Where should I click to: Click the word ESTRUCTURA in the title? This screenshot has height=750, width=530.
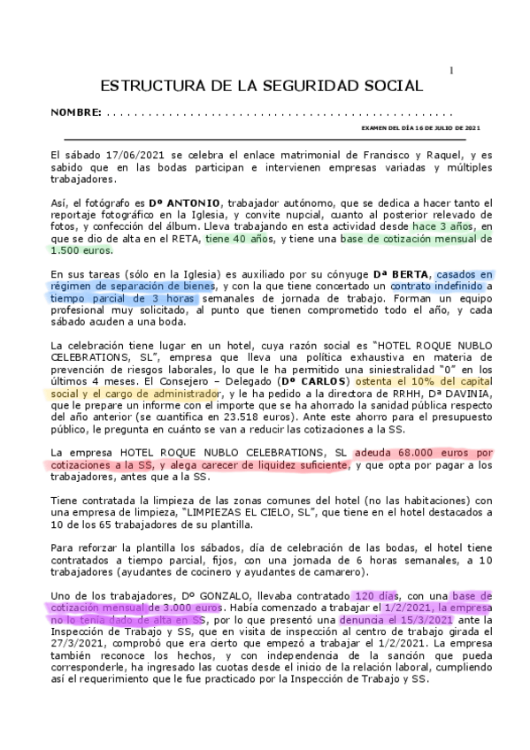(149, 86)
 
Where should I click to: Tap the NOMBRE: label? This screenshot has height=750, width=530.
(75, 114)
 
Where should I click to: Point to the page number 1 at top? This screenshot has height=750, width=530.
(451, 70)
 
